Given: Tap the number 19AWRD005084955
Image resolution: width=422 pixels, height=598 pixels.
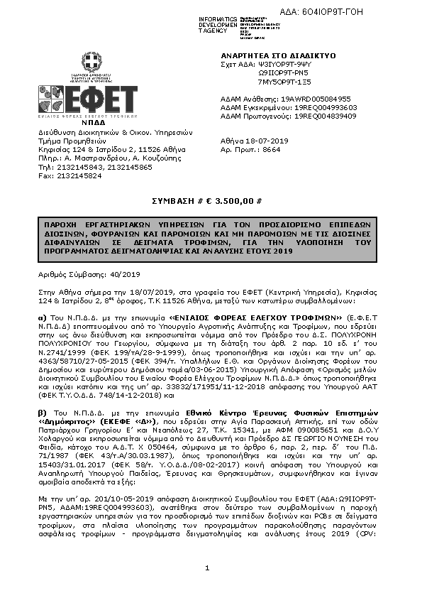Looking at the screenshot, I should coord(321,99).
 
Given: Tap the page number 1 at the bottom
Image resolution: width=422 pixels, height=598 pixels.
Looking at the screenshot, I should coord(206,568).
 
